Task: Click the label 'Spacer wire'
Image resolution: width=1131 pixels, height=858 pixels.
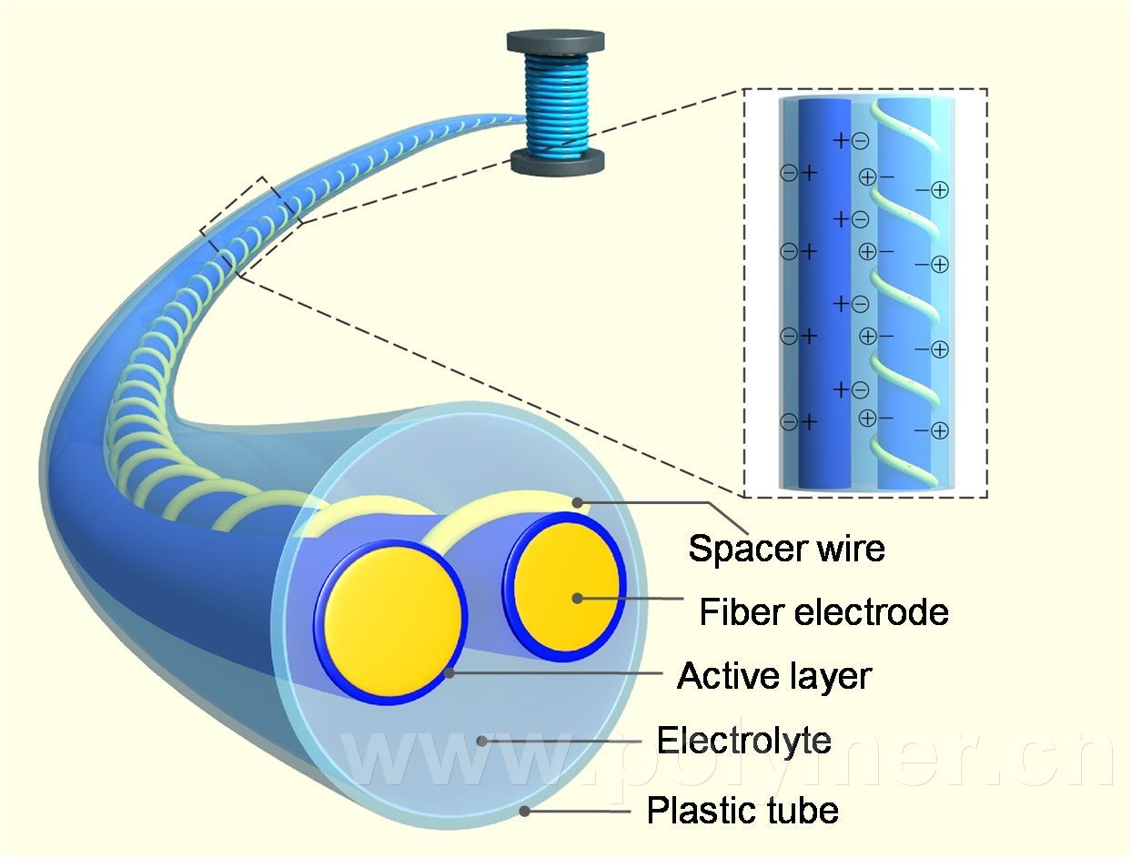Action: pyautogui.click(x=786, y=549)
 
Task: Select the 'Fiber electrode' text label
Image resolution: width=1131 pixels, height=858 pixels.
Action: pyautogui.click(x=823, y=611)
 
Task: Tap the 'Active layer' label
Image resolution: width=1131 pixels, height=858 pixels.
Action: pyautogui.click(x=774, y=676)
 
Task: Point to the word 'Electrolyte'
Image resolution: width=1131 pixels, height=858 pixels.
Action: pyautogui.click(x=743, y=741)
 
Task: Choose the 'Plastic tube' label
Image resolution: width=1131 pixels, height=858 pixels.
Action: pyautogui.click(x=742, y=810)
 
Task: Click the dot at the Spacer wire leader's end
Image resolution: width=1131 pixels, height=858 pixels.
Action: pyautogui.click(x=577, y=501)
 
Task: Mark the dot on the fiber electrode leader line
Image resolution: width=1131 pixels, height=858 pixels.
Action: pyautogui.click(x=577, y=598)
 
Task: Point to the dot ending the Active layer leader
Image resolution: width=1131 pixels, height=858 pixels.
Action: pyautogui.click(x=450, y=672)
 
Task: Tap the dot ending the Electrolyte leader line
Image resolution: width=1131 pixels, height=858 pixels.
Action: pyautogui.click(x=482, y=742)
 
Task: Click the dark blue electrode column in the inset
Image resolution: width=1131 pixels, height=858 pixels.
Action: pyautogui.click(x=823, y=291)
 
